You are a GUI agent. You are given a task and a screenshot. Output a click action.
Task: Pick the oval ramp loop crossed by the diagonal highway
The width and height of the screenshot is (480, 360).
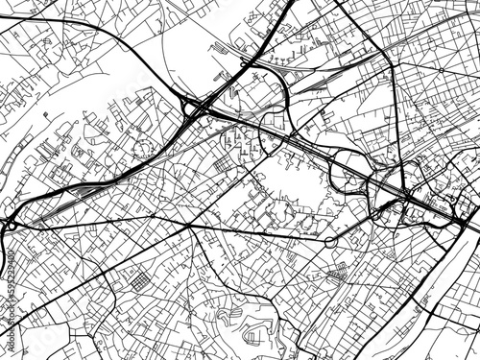coord(346,174)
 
